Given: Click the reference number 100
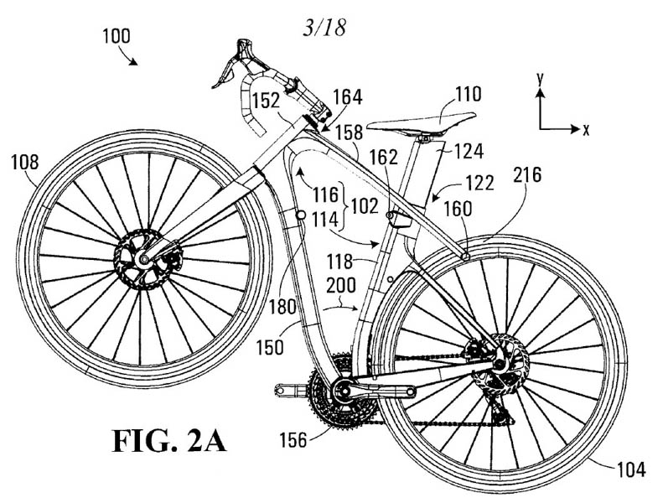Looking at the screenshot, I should (118, 39).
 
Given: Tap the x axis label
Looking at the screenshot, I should (586, 129).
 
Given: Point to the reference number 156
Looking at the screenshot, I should (293, 436).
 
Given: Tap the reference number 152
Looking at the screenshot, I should (266, 101).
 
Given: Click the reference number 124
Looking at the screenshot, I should (469, 153).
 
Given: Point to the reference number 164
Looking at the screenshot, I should (346, 97).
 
